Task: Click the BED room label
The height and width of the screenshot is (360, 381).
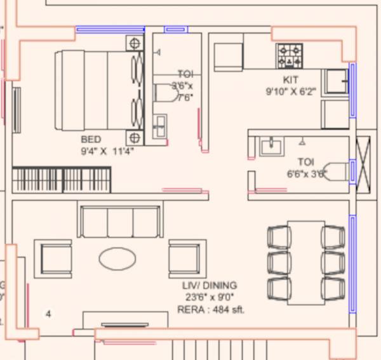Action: [x=91, y=139]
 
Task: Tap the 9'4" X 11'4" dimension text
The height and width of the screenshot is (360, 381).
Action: [x=107, y=150]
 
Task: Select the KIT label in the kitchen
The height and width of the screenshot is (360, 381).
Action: [x=291, y=80]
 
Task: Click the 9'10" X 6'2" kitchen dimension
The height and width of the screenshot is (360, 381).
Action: [x=291, y=91]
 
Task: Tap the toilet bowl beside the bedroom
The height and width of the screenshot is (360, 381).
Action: [x=167, y=93]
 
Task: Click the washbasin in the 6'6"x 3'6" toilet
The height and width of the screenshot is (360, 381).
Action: [x=272, y=147]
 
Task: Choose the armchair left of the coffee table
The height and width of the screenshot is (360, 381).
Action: [x=56, y=258]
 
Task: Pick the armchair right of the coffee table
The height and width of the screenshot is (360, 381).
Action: [x=184, y=258]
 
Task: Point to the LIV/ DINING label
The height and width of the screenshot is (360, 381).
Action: [x=210, y=285]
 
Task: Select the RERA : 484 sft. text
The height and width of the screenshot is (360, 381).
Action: [x=210, y=309]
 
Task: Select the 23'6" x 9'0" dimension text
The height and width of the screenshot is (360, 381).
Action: [x=210, y=297]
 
